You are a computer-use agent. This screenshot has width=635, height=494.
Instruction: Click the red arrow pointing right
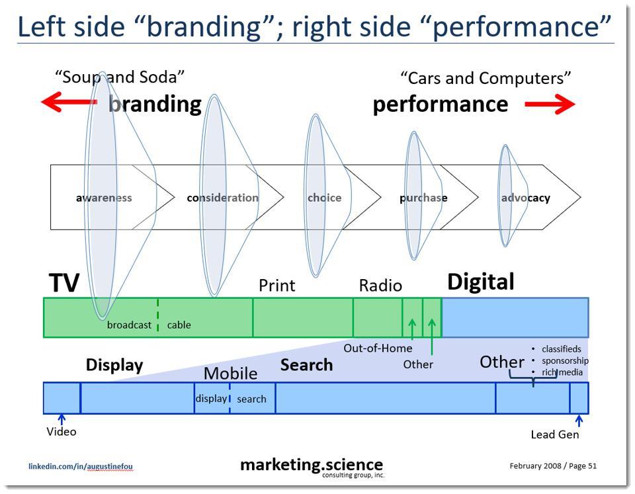[550, 104]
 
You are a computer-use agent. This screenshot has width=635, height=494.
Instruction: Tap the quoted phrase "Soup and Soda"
[120, 77]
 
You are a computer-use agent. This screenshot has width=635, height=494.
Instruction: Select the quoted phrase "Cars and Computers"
[486, 78]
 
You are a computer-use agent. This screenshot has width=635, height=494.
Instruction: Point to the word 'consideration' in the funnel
[222, 198]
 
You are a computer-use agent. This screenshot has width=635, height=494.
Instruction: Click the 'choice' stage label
[324, 198]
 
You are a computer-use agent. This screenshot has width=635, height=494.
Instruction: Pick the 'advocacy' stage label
[525, 198]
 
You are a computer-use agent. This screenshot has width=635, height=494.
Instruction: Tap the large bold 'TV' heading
[64, 283]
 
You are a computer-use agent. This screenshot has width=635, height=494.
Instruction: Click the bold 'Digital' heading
[481, 282]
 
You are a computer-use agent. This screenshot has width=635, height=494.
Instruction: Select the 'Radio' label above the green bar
[380, 286]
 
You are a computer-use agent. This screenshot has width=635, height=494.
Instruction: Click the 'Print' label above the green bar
[276, 286]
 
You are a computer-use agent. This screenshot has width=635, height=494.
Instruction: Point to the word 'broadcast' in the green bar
[129, 325]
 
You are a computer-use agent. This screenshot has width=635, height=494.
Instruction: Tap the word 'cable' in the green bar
[179, 325]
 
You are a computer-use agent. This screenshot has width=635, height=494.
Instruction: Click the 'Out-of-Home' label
[378, 349]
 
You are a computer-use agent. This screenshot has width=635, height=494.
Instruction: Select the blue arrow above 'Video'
[62, 419]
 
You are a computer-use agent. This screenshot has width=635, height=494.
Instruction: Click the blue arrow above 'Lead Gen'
[579, 421]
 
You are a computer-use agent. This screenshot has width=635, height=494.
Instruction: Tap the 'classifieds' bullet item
[561, 349]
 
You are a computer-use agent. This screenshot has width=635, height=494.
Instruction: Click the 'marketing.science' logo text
[312, 465]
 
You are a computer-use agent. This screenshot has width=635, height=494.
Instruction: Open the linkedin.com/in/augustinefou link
[81, 466]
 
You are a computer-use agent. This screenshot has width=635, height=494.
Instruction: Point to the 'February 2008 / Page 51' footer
[553, 466]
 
